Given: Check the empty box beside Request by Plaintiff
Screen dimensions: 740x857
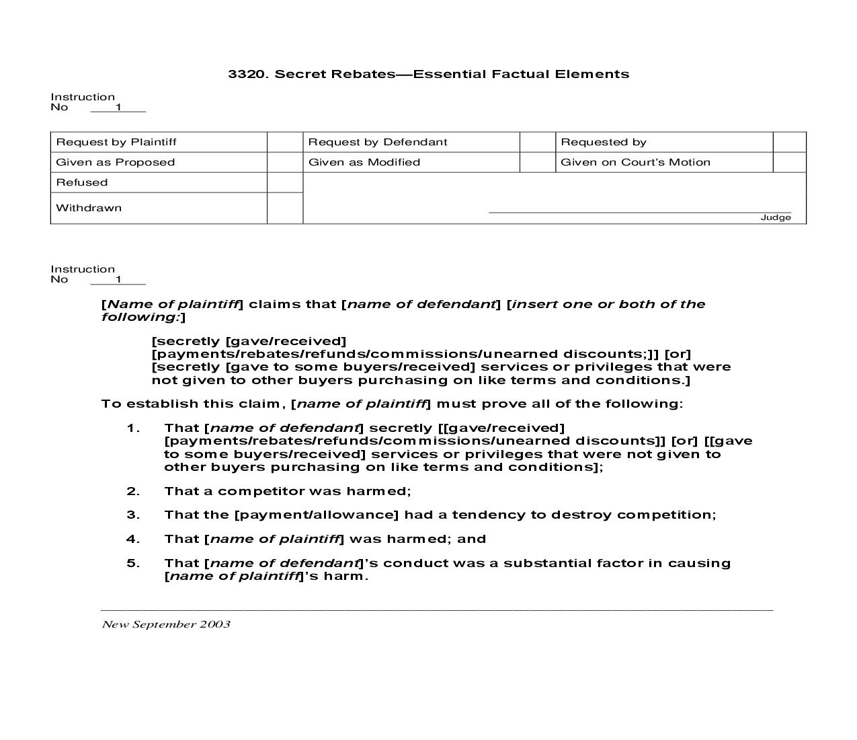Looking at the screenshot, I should pos(285,142).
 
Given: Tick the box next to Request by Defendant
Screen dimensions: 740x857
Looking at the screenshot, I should pos(537,142).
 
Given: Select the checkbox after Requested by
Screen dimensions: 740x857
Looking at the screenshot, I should pos(789,142).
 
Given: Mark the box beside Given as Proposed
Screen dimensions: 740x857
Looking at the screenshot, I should pos(285,162).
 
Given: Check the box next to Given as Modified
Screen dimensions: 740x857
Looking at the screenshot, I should pos(537,162).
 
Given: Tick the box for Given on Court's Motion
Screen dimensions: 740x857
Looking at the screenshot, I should pos(789,162).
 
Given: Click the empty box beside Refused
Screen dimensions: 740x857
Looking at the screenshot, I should pos(285,182).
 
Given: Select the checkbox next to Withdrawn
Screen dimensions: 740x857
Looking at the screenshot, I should pos(285,208).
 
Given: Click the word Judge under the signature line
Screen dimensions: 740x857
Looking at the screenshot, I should pos(775,217).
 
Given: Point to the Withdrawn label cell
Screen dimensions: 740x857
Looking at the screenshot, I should pos(89,208).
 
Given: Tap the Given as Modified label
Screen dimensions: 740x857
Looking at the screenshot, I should pos(364,162).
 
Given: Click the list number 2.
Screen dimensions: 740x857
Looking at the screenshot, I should pos(132,491).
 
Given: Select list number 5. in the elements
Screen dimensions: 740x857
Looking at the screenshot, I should pos(132,563).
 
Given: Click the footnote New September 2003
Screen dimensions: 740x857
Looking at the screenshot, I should pos(165,624).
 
